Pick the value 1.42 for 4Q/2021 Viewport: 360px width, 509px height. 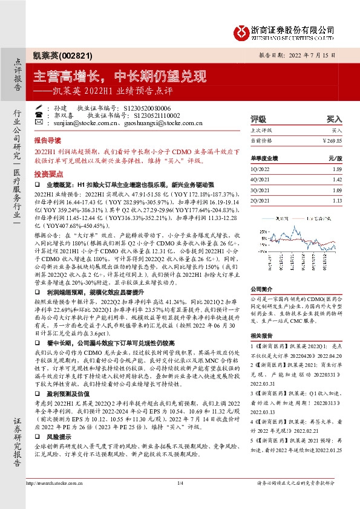(x=337, y=180)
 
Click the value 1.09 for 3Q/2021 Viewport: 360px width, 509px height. (x=337, y=189)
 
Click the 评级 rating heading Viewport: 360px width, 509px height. (x=258, y=120)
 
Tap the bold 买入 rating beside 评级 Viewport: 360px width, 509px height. (x=335, y=120)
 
